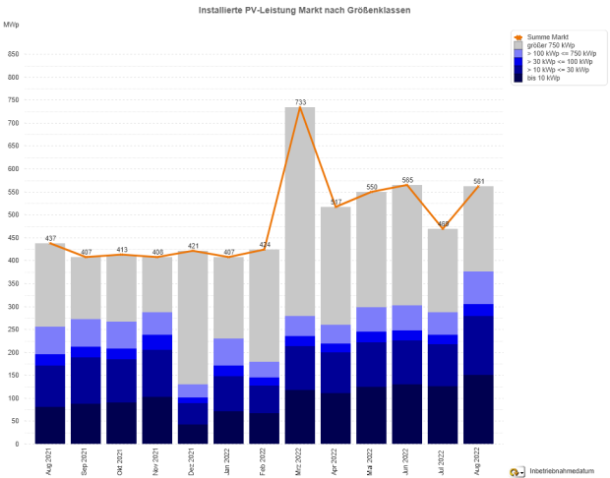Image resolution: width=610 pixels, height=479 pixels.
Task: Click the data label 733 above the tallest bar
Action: (300, 102)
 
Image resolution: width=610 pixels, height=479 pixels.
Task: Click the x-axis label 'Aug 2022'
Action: (478, 460)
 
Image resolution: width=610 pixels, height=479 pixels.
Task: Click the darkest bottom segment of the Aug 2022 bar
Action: (478, 409)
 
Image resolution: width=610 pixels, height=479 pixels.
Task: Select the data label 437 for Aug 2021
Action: (50, 239)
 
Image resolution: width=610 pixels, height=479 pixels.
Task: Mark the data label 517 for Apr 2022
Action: (335, 202)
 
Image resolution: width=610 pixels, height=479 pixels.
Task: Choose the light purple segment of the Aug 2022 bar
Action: (478, 287)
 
